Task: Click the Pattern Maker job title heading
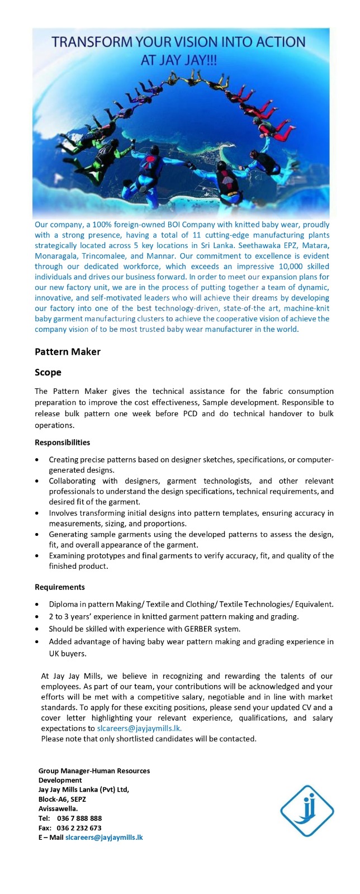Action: (68, 351)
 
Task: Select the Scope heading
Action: (48, 372)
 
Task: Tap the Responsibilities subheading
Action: (62, 443)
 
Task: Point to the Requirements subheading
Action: (60, 587)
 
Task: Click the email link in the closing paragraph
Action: (139, 728)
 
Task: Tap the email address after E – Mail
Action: (104, 838)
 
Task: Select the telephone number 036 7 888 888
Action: (79, 819)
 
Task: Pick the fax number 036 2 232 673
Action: (79, 828)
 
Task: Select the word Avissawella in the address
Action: (58, 809)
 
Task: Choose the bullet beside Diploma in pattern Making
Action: (37, 605)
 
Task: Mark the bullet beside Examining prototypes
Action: (37, 556)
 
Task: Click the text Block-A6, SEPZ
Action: (62, 799)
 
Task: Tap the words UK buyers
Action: (68, 653)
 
